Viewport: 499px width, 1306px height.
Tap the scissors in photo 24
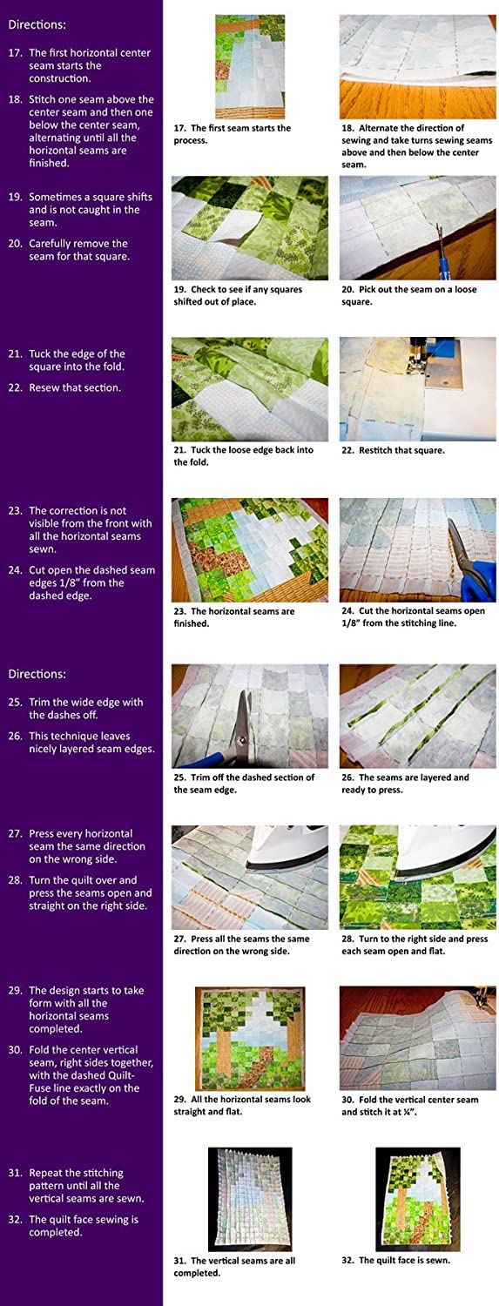click(471, 560)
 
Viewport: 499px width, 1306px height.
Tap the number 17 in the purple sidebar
click(15, 53)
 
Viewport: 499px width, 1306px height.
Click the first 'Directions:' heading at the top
click(37, 25)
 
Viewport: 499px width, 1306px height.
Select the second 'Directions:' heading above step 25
click(37, 674)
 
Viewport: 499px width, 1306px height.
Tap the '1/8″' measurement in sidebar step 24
click(114, 582)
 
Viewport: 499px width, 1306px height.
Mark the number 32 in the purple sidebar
click(15, 1220)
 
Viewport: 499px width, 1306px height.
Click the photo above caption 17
click(250, 66)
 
